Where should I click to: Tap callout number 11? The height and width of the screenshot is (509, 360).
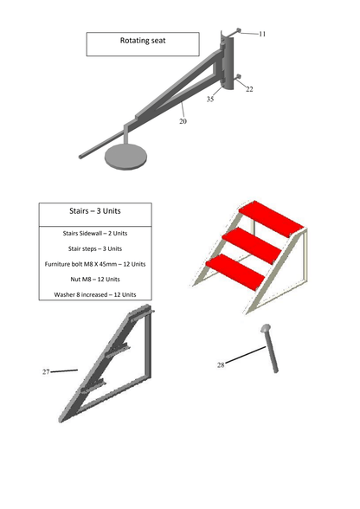[x=262, y=34]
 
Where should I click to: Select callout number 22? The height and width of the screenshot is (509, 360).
[x=249, y=89]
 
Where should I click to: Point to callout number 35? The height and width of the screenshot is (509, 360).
[x=210, y=100]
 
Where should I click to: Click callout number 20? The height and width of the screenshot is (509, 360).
[x=183, y=122]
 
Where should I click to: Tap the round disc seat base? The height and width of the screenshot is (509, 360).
[x=125, y=157]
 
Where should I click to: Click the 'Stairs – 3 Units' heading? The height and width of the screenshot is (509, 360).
[x=95, y=210]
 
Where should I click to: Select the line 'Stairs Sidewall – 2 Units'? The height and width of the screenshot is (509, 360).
[x=95, y=233]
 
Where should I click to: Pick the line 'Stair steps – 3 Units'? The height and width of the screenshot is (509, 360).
[x=95, y=248]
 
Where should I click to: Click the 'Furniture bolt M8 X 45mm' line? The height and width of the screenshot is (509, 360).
[x=95, y=264]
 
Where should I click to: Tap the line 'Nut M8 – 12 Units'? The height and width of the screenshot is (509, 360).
[x=95, y=279]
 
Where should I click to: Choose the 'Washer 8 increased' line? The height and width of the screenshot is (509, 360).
[x=95, y=294]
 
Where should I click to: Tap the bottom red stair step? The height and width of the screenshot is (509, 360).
[x=234, y=270]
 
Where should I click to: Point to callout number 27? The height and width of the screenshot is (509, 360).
[x=46, y=371]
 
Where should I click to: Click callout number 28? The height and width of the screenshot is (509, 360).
[x=221, y=365]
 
